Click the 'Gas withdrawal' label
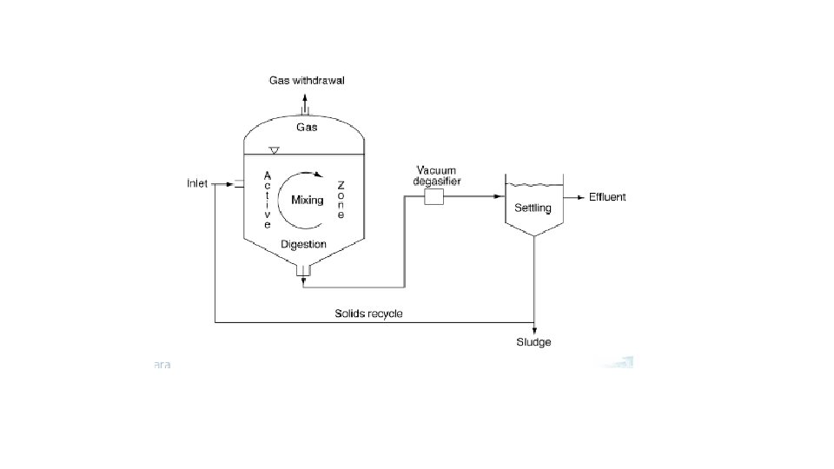pyautogui.click(x=307, y=80)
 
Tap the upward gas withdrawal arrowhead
pyautogui.click(x=305, y=97)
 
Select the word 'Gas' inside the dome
pyautogui.click(x=307, y=127)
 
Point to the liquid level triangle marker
pyautogui.click(x=274, y=150)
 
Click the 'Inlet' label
pyautogui.click(x=197, y=183)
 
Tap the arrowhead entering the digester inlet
pyautogui.click(x=229, y=184)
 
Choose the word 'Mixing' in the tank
pyautogui.click(x=308, y=201)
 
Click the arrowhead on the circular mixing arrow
pyautogui.click(x=319, y=174)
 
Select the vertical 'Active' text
pyautogui.click(x=268, y=200)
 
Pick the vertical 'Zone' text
pyautogui.click(x=341, y=200)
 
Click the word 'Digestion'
pyautogui.click(x=303, y=244)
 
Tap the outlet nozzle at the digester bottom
pyautogui.click(x=303, y=269)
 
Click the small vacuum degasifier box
pyautogui.click(x=434, y=197)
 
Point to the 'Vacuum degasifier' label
pyautogui.click(x=437, y=175)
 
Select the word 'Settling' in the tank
pyautogui.click(x=533, y=208)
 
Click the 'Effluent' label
pyautogui.click(x=607, y=197)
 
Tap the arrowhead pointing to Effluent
pyautogui.click(x=581, y=198)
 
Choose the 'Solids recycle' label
pyautogui.click(x=368, y=314)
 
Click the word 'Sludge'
pyautogui.click(x=533, y=342)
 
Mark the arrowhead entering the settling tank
pyautogui.click(x=500, y=197)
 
